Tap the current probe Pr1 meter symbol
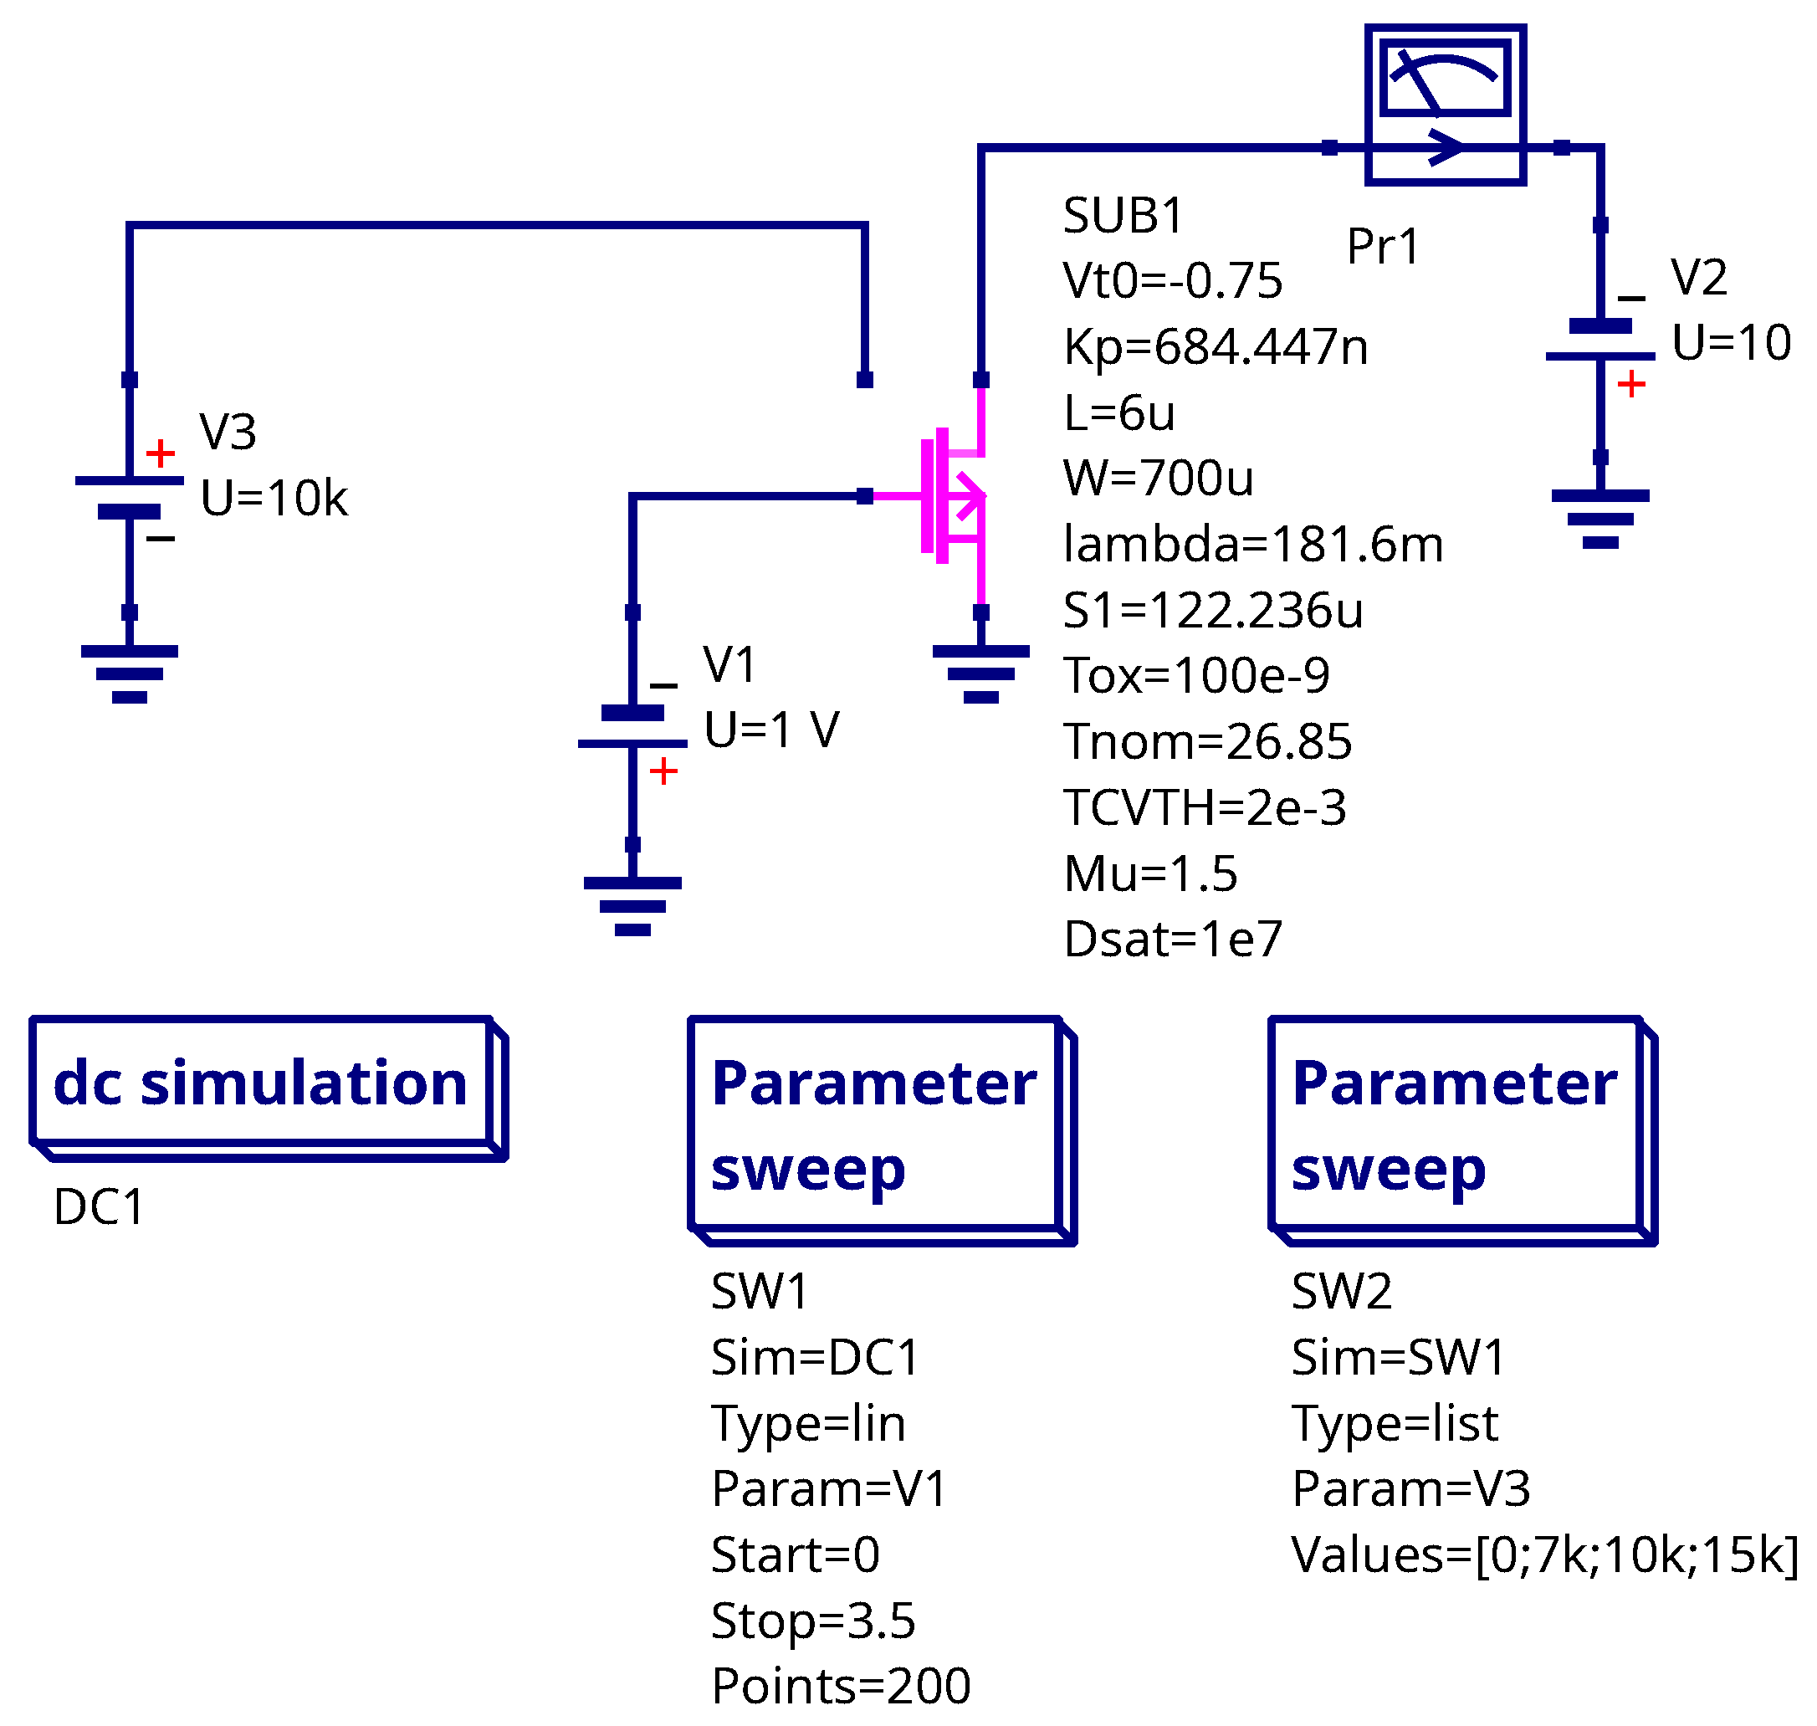point(1445,105)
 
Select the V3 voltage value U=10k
point(274,499)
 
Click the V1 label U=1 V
point(771,730)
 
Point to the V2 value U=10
point(1731,342)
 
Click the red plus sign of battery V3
point(160,453)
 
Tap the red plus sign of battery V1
point(663,771)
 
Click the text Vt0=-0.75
point(1172,280)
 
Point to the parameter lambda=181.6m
point(1253,544)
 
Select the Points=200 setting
point(841,1687)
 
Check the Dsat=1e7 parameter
point(1173,940)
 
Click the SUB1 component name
point(1123,216)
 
